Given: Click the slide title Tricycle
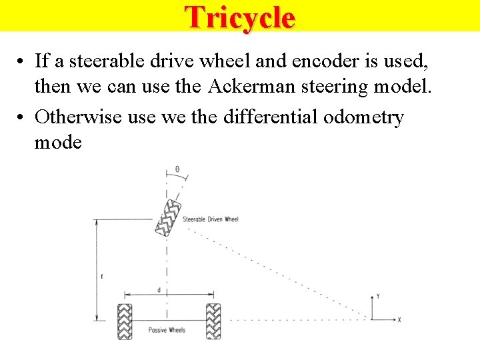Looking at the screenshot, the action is (x=239, y=17).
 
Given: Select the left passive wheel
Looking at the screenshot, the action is (x=125, y=321).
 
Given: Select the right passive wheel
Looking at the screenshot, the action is (x=213, y=321).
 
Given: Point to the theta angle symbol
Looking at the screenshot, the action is (x=177, y=169).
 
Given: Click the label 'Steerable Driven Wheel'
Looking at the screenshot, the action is (x=210, y=219).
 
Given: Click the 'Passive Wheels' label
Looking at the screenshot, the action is (x=167, y=330).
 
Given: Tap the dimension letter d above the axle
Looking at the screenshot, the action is (x=158, y=290).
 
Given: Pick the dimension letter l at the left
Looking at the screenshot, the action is (x=101, y=275).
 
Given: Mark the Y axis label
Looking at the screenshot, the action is (x=378, y=295).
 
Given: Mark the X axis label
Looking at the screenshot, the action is (x=399, y=320).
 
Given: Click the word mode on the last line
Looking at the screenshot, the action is (x=58, y=142).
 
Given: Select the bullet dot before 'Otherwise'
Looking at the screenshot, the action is (x=22, y=118).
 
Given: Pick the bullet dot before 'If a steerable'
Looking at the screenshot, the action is (x=22, y=63).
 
